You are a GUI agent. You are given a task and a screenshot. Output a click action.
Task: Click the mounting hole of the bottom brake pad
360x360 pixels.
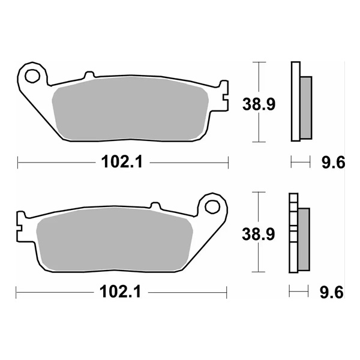pyautogui.click(x=212, y=206)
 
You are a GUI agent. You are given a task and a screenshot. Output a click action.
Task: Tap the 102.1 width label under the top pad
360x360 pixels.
pyautogui.click(x=123, y=162)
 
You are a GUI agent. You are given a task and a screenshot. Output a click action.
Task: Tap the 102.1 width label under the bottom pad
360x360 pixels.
pyautogui.click(x=122, y=293)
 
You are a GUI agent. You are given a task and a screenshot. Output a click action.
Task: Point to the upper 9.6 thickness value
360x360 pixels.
pyautogui.click(x=332, y=162)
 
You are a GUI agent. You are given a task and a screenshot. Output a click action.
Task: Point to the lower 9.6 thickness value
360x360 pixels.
pyautogui.click(x=331, y=293)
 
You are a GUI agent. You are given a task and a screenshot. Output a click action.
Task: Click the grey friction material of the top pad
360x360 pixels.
pyautogui.click(x=132, y=111)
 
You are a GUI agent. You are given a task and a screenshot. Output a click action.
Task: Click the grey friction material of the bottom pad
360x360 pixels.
pyautogui.click(x=114, y=240)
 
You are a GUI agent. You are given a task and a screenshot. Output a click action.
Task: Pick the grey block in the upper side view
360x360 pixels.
pyautogui.click(x=305, y=106)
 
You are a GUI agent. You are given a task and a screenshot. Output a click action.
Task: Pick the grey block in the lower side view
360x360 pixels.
pyautogui.click(x=303, y=238)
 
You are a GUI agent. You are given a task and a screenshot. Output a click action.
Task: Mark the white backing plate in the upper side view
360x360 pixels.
pyautogui.click(x=295, y=102)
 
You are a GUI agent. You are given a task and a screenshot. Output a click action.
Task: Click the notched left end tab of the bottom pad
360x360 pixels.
pyautogui.click(x=22, y=225)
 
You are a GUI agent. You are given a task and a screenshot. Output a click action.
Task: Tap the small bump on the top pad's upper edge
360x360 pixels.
pyautogui.click(x=89, y=76)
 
